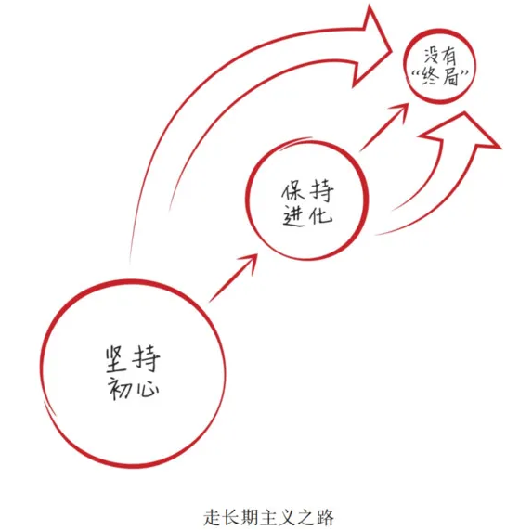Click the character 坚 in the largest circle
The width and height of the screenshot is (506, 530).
[116, 359]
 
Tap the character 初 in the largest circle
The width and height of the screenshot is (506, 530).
[119, 388]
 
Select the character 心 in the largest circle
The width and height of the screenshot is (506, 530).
[146, 389]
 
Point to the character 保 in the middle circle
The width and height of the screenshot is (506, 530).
[292, 191]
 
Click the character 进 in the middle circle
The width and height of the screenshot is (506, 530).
[292, 215]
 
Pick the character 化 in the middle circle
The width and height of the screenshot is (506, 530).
[319, 214]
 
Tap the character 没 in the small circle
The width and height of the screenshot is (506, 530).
[431, 54]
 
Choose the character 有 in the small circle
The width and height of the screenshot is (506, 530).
[448, 56]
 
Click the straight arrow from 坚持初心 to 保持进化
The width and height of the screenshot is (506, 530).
[233, 278]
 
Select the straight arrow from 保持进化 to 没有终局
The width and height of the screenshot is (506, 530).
[384, 127]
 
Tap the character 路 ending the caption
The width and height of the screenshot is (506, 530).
[325, 517]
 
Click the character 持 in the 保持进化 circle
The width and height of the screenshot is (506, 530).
[321, 190]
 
